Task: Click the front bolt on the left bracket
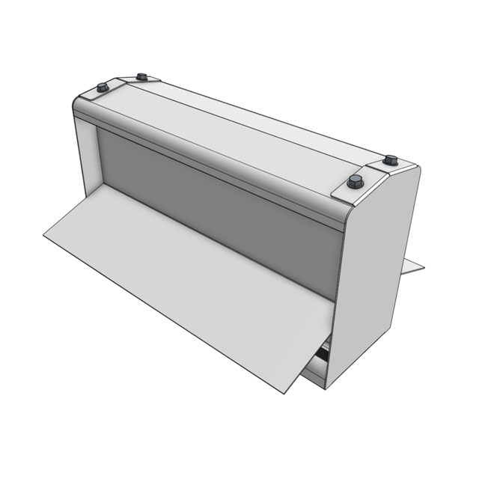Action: tap(103, 88)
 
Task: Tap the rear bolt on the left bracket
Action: tap(141, 76)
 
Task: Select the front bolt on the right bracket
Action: tap(356, 181)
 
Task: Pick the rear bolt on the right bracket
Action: tap(390, 160)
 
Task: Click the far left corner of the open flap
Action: tap(45, 237)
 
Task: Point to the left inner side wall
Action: tap(89, 161)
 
